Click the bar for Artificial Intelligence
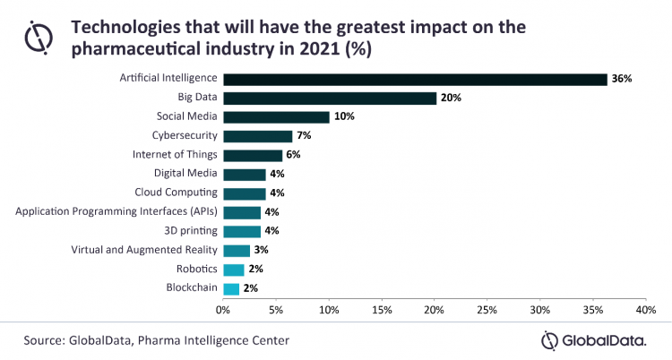point(415,79)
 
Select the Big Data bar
point(330,98)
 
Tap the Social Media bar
point(276,116)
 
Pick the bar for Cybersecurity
point(258,136)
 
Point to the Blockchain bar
point(231,288)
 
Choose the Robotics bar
point(233,270)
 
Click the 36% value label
point(622,79)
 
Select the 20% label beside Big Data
point(451,98)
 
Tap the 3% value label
point(262,251)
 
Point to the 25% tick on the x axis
point(487,309)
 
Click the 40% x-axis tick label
point(646,309)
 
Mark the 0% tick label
point(223,309)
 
